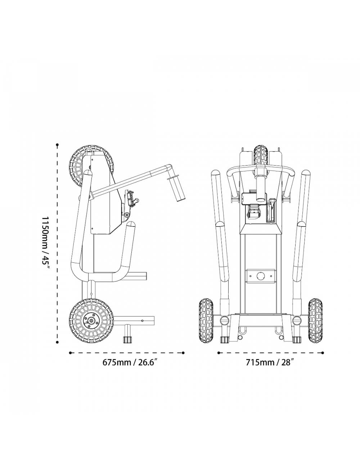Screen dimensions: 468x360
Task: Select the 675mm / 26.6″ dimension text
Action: click(x=129, y=363)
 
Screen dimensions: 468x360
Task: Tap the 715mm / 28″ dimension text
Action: click(x=270, y=363)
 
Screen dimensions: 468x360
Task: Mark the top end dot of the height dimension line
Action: click(x=57, y=145)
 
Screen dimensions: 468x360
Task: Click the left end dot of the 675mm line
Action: click(x=70, y=353)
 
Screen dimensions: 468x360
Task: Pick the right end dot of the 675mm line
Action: click(x=183, y=353)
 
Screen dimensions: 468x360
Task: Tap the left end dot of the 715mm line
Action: click(x=219, y=353)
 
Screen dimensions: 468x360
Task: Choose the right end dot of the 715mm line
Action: click(x=323, y=353)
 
